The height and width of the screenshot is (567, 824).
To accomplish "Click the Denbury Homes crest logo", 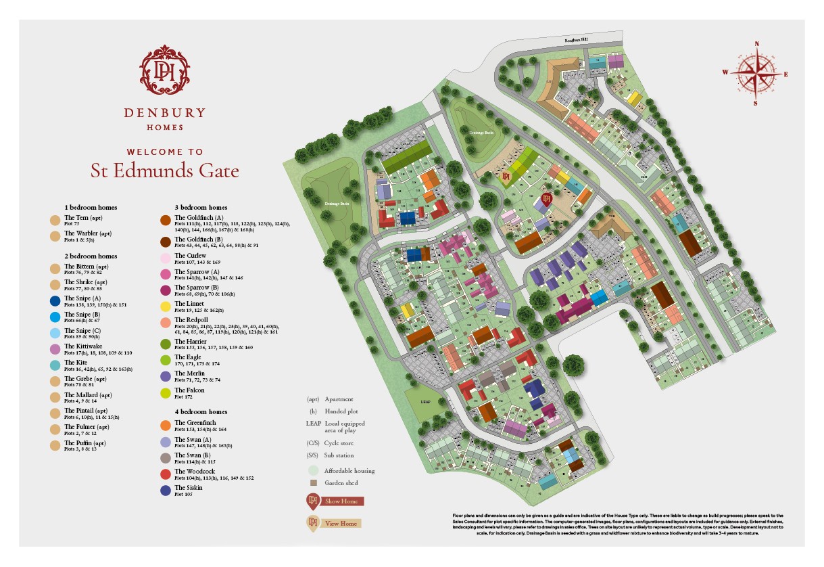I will click(165, 69).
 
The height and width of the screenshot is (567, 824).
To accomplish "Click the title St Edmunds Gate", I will click(165, 171).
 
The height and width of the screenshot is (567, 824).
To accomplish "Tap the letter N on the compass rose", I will click(756, 44).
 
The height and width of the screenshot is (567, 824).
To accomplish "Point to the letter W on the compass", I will click(725, 72).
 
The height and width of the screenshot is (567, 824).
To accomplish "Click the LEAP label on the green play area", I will click(425, 401).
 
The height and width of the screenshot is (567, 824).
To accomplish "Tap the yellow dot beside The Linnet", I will click(165, 307).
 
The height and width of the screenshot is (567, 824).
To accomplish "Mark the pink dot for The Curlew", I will click(165, 258).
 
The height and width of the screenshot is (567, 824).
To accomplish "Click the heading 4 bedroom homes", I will click(201, 411).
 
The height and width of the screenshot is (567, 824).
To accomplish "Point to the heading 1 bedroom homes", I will click(91, 207).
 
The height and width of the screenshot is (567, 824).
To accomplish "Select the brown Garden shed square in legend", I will click(313, 483).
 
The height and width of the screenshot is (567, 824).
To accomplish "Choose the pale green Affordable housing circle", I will click(313, 470).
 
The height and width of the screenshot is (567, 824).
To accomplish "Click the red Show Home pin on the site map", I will click(547, 200).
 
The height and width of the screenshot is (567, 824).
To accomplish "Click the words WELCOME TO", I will click(165, 152).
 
